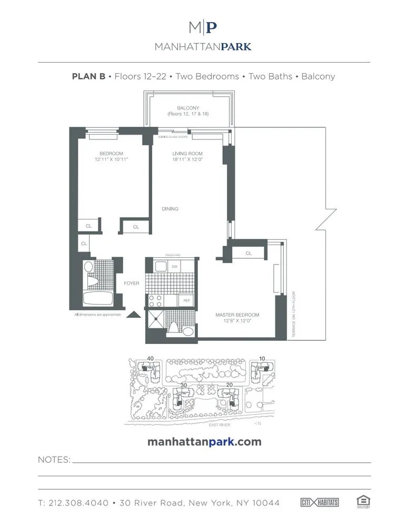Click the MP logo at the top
203,27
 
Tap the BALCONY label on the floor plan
188,108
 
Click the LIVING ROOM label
187,154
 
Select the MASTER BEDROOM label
237,315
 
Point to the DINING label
170,209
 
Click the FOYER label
132,284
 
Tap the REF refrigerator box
186,300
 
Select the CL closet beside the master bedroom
249,254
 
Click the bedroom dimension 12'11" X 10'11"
111,159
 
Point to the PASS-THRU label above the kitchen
173,255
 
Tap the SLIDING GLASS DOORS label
173,137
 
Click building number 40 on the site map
151,359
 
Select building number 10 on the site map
262,359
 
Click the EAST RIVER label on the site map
220,424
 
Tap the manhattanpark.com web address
204,442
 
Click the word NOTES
54,460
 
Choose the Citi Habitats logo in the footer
320,502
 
